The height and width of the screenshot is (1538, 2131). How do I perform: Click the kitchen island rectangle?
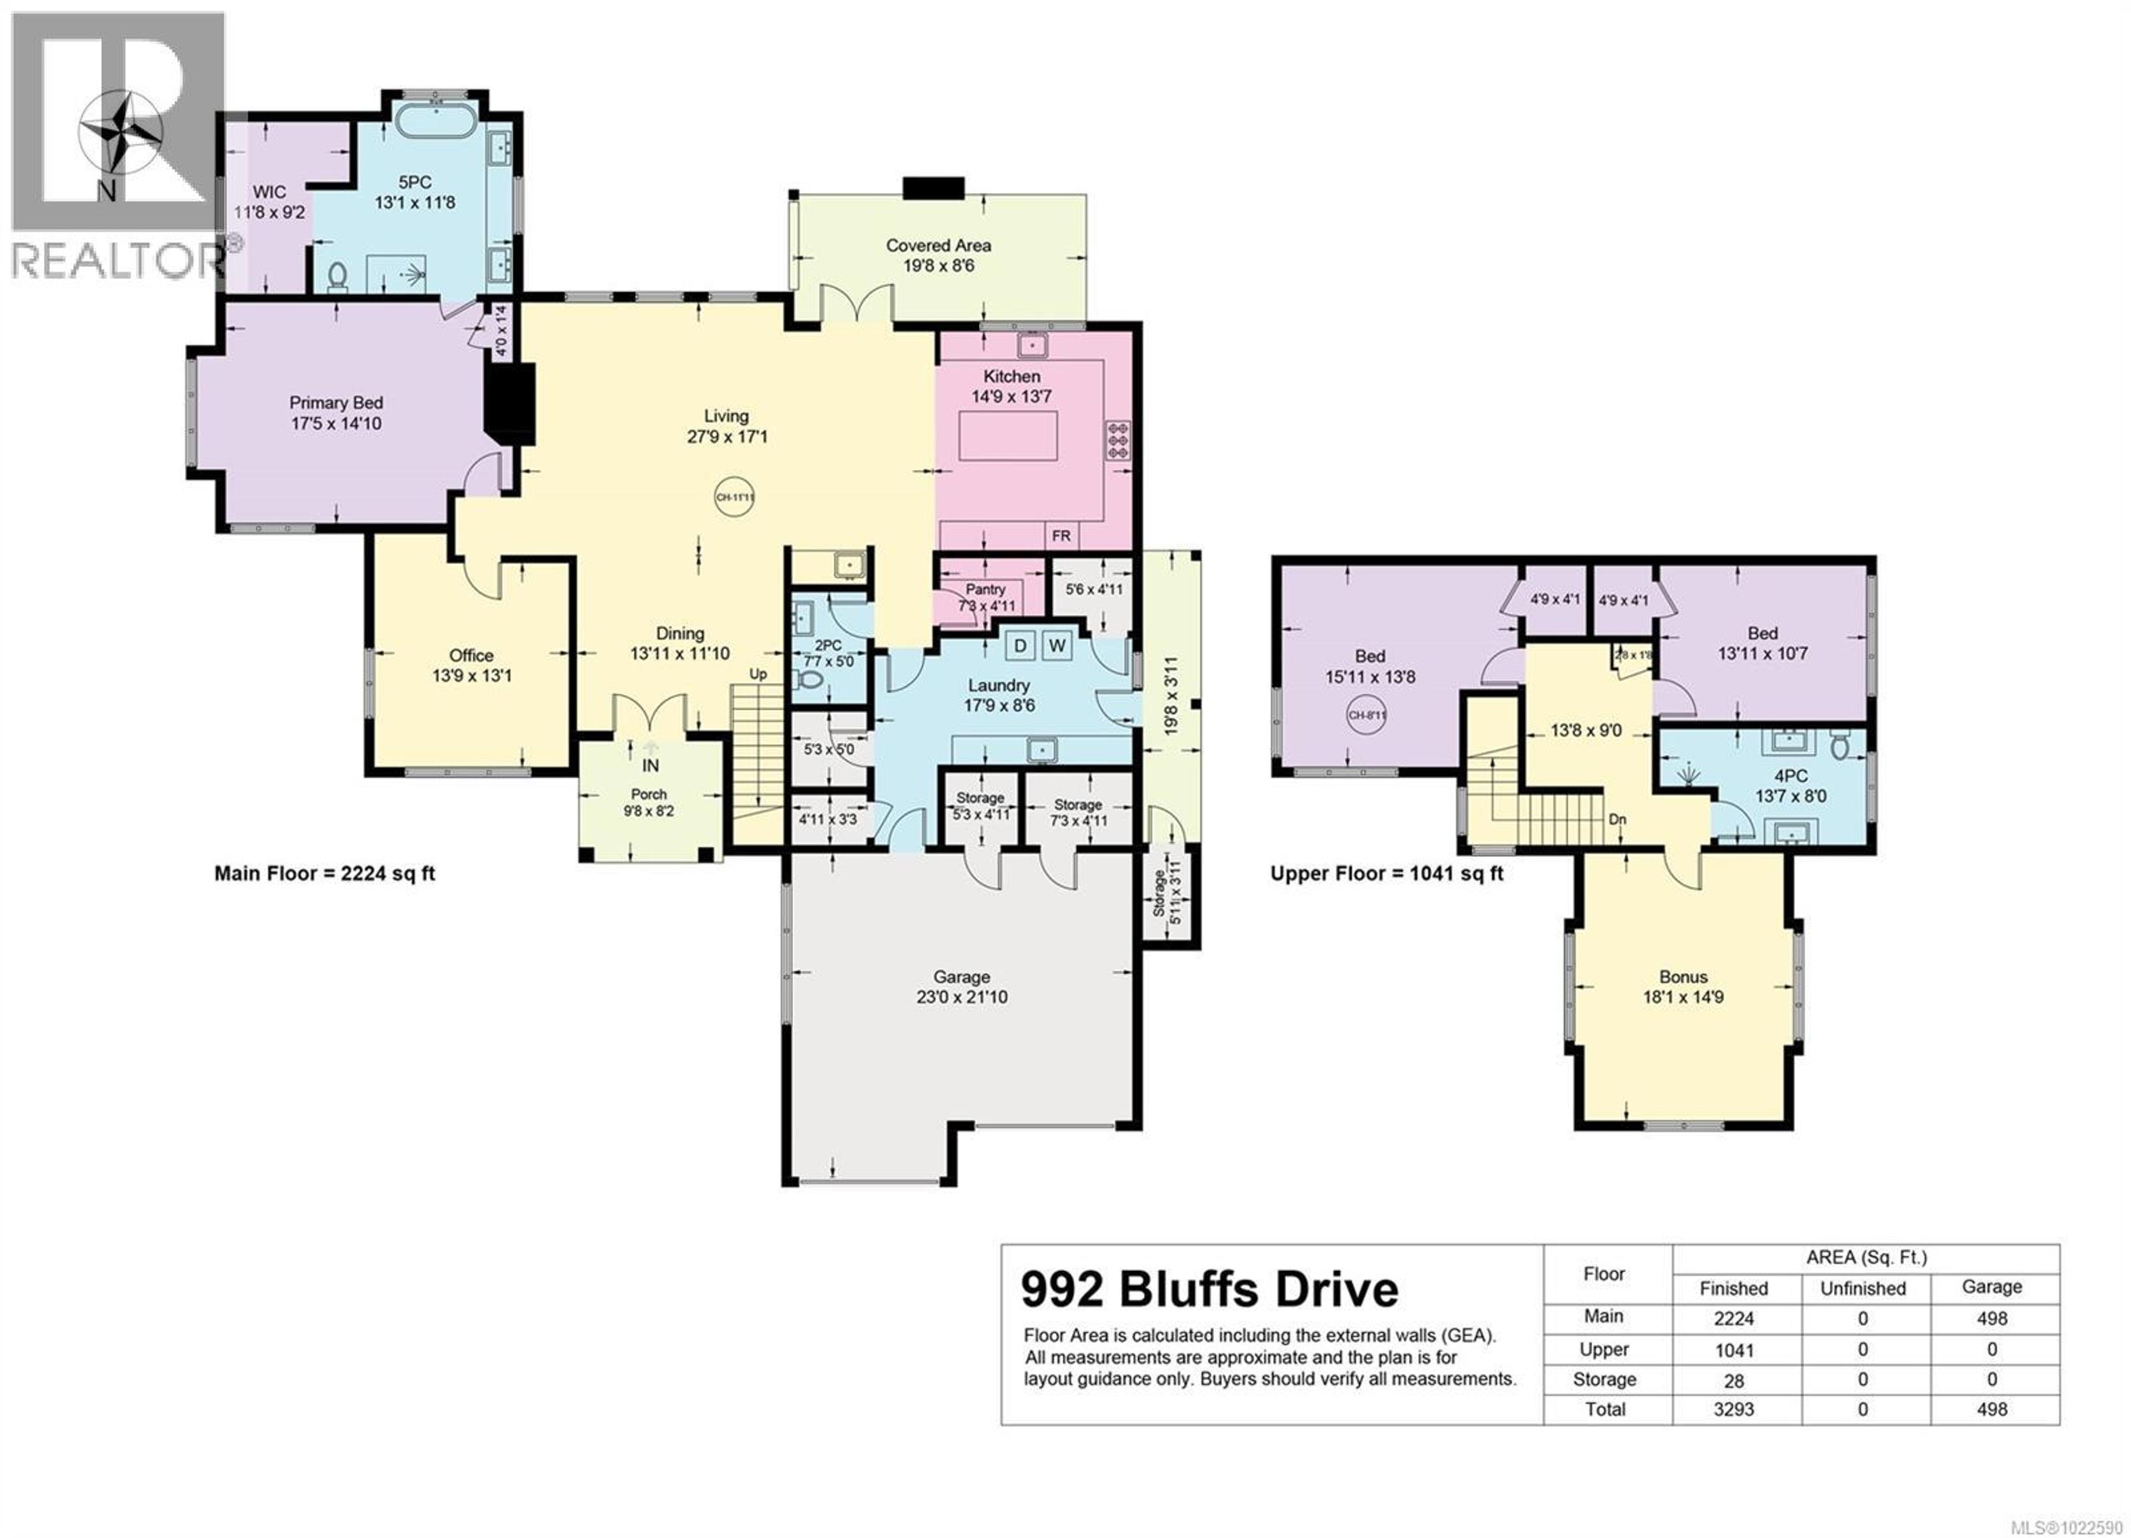pyautogui.click(x=1008, y=437)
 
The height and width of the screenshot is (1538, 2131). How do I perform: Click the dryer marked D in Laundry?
pyautogui.click(x=1021, y=645)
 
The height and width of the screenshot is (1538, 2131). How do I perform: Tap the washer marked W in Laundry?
pyautogui.click(x=1057, y=645)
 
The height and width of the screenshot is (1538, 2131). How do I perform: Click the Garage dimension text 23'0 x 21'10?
pyautogui.click(x=961, y=997)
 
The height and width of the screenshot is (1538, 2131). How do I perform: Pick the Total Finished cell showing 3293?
pyautogui.click(x=1734, y=1409)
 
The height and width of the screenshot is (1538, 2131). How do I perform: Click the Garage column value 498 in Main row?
pyautogui.click(x=1991, y=1318)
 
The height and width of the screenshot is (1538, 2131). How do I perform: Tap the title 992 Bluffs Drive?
pyautogui.click(x=1209, y=1290)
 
